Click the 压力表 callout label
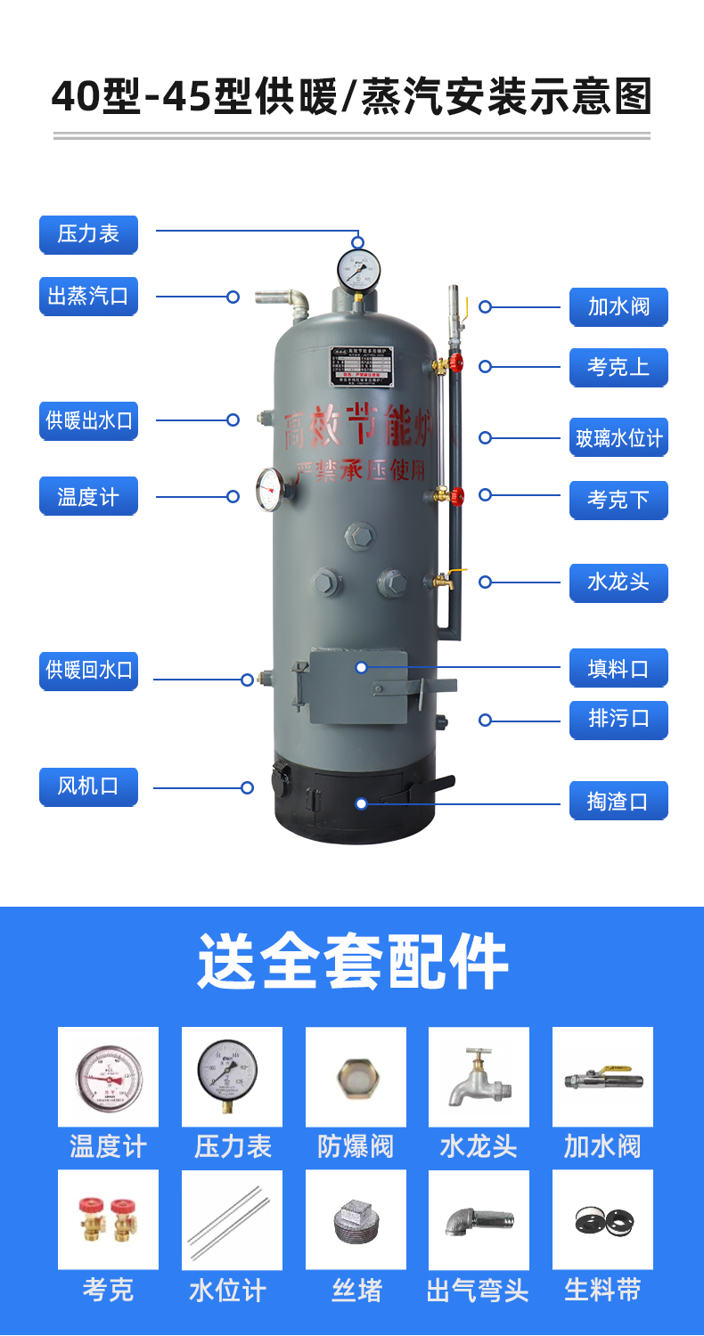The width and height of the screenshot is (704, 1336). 88,234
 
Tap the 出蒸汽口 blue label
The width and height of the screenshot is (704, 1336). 88,296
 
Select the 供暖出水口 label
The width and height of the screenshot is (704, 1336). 88,420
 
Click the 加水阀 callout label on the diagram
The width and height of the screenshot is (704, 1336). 618,307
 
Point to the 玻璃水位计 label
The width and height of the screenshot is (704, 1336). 618,438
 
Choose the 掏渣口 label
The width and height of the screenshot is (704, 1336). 618,802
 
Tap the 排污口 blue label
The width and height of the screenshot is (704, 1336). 618,719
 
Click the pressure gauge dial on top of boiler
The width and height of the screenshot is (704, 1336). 358,268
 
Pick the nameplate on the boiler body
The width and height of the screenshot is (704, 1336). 361,366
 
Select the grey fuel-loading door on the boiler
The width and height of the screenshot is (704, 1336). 358,686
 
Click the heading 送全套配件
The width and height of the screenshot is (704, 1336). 352,962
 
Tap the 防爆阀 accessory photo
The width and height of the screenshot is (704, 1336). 356,1077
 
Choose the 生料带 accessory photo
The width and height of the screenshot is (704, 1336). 602,1219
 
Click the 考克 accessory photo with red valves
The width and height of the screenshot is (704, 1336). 108,1219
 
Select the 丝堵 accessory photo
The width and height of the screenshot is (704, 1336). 356,1219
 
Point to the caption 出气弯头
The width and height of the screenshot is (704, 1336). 479,1291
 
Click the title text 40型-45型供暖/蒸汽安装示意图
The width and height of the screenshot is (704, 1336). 352,96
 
